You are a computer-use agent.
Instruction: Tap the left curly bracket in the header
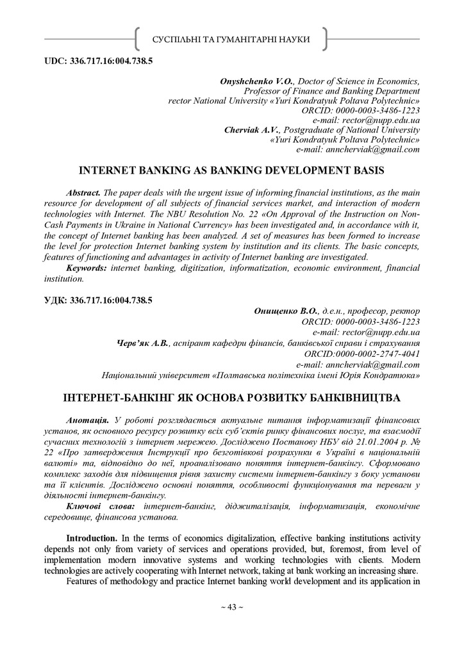pos(137,39)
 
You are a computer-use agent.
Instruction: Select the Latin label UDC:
pos(56,61)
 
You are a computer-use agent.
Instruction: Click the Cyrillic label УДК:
pos(56,300)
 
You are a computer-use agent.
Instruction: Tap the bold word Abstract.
pos(83,193)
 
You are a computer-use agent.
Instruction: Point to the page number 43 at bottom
pos(231,607)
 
